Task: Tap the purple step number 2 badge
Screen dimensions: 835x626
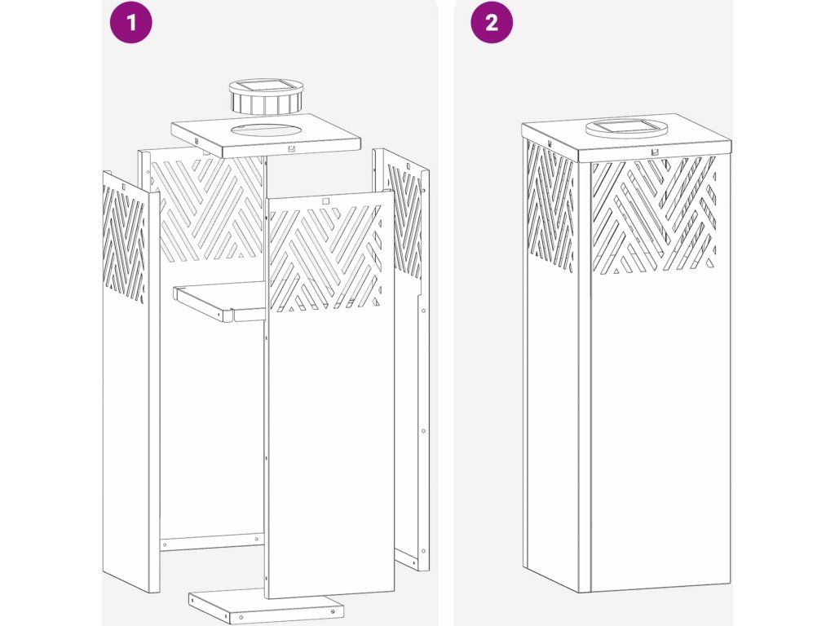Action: pos(492,22)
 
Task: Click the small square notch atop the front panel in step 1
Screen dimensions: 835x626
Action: pos(325,200)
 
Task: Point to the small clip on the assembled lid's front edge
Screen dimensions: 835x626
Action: pos(654,152)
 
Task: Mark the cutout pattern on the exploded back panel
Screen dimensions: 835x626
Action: pos(208,208)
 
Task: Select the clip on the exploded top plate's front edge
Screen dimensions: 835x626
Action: pos(291,149)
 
